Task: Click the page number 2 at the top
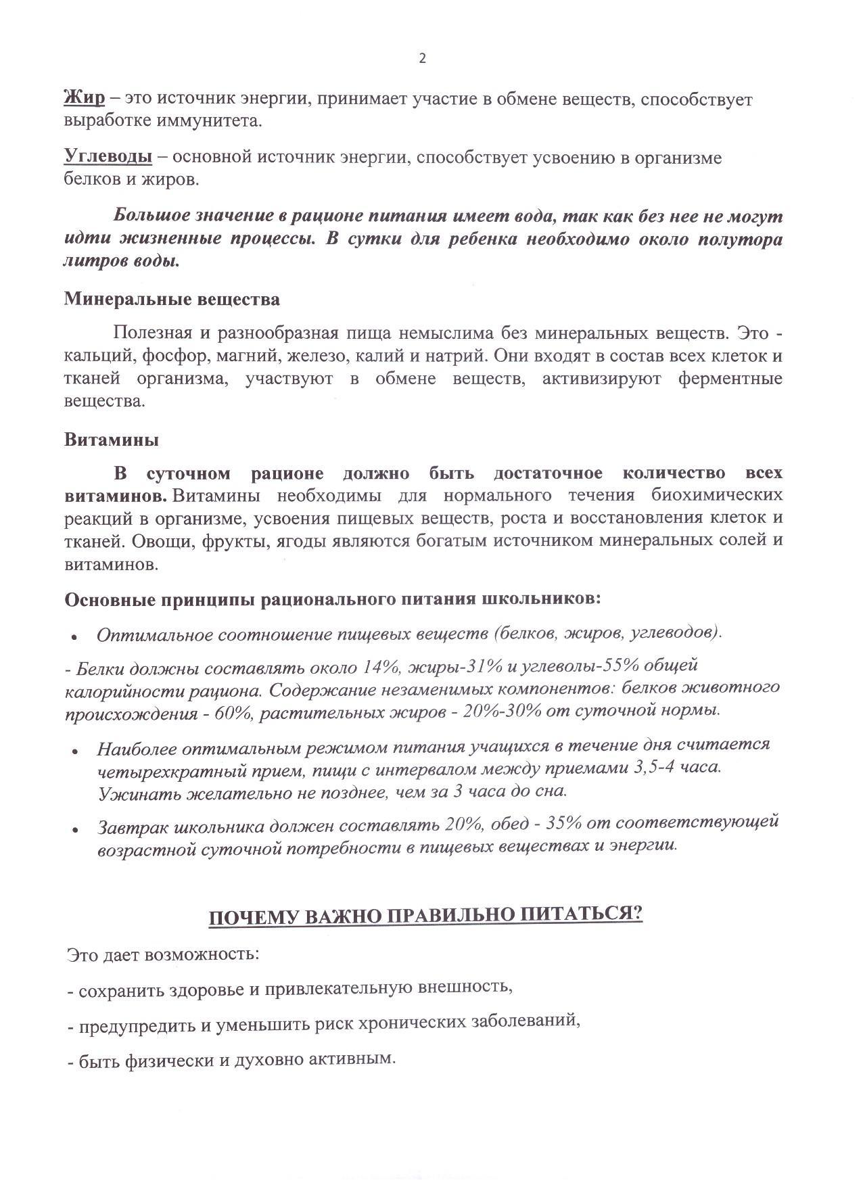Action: (x=423, y=59)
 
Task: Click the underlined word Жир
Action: (x=85, y=99)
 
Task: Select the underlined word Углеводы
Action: (x=108, y=158)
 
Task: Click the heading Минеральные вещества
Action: (x=172, y=299)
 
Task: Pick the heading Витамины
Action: (x=112, y=440)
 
